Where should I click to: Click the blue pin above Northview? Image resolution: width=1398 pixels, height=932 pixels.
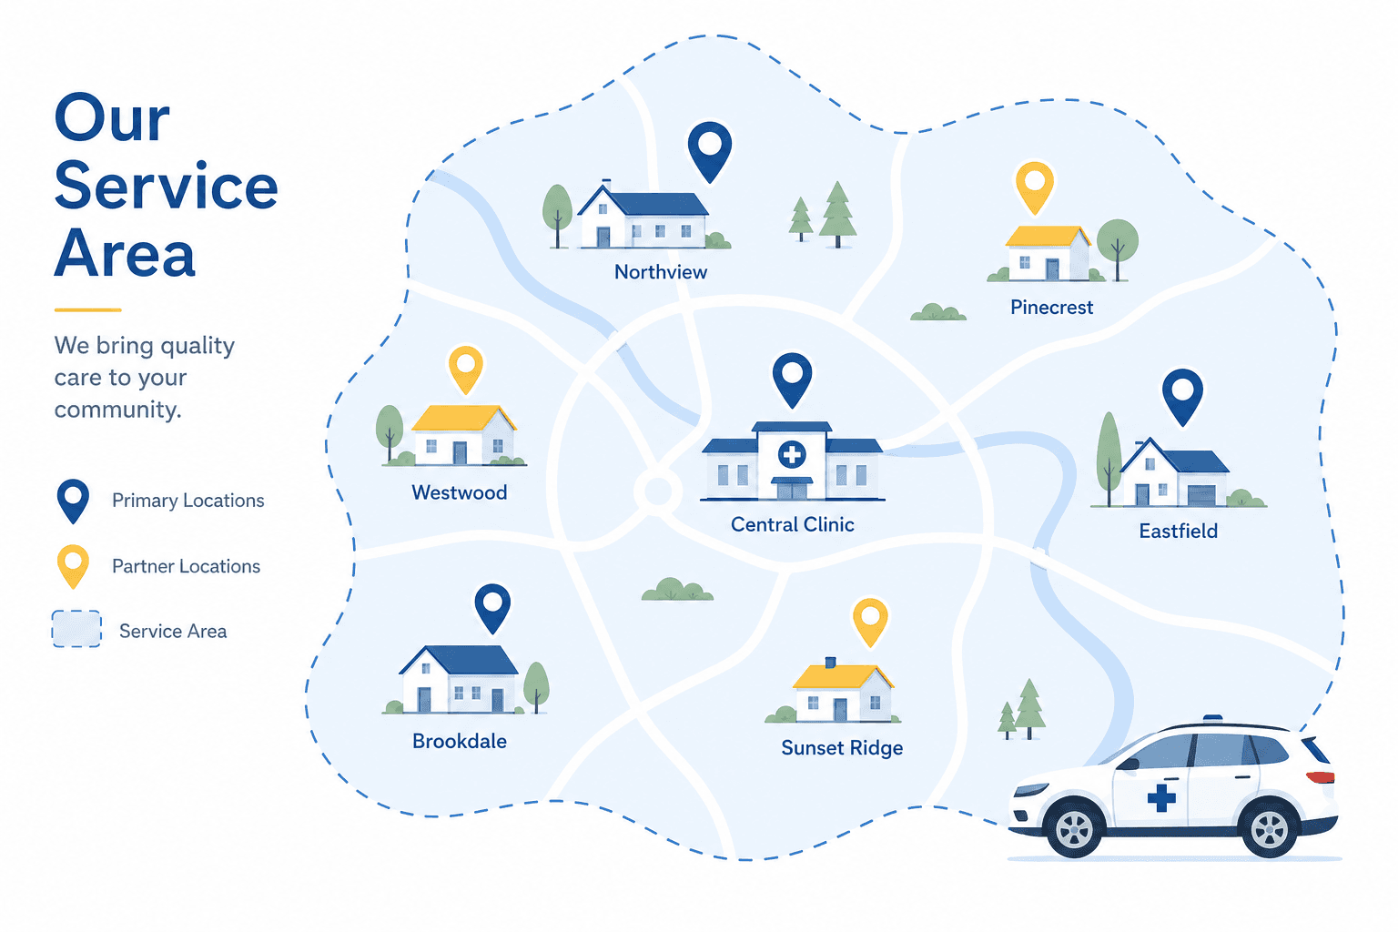click(x=710, y=150)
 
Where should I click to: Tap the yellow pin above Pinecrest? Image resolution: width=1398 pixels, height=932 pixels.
click(x=1035, y=186)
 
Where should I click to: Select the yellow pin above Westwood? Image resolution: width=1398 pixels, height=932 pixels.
click(x=466, y=369)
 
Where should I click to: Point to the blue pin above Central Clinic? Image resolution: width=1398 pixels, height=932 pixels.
click(x=792, y=379)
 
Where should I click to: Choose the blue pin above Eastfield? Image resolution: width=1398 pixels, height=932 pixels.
click(x=1182, y=396)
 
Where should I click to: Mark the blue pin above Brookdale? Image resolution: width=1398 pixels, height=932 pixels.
click(x=492, y=607)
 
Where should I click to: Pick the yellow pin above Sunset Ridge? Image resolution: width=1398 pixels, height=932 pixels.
click(x=871, y=621)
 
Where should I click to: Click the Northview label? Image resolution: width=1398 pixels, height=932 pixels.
click(x=660, y=272)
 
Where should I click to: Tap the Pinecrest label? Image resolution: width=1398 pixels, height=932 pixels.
click(x=1051, y=307)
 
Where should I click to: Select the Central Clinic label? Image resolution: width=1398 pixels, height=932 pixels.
click(x=792, y=524)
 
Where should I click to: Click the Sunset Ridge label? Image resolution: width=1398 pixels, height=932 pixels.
click(x=842, y=748)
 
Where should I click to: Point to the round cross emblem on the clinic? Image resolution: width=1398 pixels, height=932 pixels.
click(x=792, y=454)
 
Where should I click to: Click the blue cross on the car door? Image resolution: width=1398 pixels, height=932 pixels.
click(x=1161, y=798)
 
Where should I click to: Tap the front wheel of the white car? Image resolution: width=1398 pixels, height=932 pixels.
click(x=1074, y=827)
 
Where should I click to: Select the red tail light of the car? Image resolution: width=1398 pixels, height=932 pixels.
click(x=1320, y=777)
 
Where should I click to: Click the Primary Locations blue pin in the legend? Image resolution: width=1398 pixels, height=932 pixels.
click(x=73, y=501)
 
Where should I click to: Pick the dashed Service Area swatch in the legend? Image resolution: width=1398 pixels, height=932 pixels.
click(x=76, y=629)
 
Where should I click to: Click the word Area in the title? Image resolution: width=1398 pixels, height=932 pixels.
click(x=125, y=253)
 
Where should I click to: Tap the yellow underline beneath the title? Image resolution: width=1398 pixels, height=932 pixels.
click(x=88, y=309)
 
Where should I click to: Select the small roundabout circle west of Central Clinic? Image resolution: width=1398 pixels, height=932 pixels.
click(x=657, y=491)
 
